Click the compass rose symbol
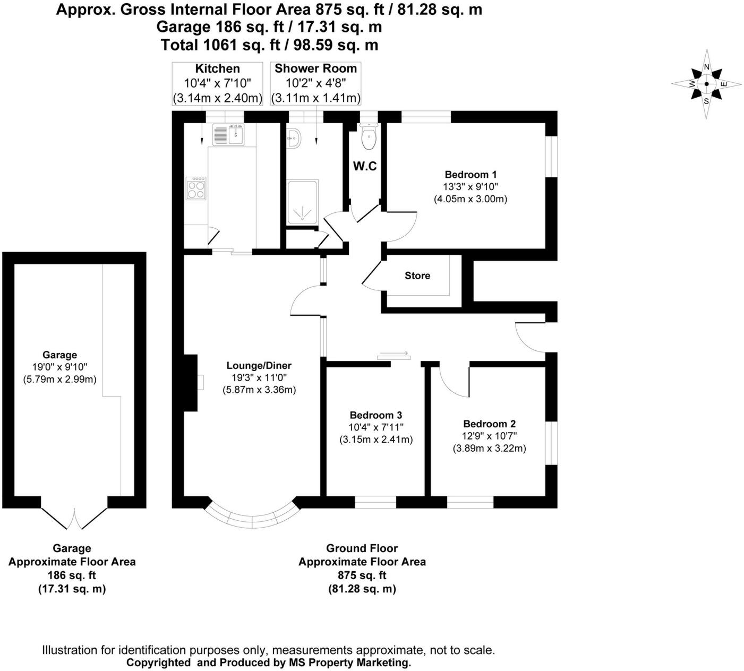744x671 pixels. pos(706,84)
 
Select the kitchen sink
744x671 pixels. pos(228,135)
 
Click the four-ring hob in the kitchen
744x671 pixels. pos(196,188)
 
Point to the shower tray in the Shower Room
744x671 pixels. pos(302,202)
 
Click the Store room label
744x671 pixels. pos(417,276)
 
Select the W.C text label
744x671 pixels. pos(365,166)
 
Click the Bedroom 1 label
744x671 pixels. pos(471,175)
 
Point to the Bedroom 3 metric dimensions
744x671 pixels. pos(375,440)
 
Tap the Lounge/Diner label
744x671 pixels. pos(259,365)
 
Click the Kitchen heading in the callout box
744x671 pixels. pos(217,68)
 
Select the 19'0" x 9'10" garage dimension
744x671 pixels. pos(59,367)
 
